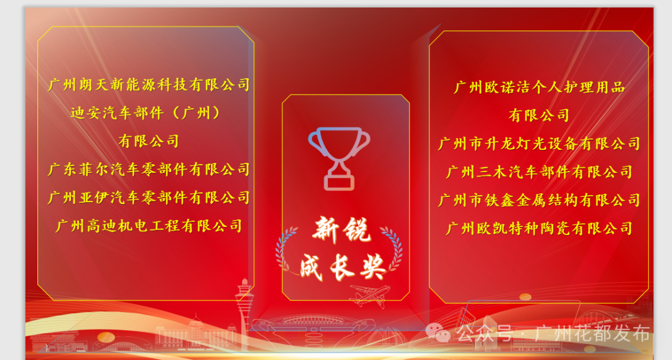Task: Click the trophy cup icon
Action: pos(339,157)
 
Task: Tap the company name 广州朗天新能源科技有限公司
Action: pos(149,85)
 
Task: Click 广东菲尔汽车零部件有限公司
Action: pos(149,169)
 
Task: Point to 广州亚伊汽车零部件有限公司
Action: pos(149,198)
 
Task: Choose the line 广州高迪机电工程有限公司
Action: pos(149,226)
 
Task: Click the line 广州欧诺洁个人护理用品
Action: pos(539,87)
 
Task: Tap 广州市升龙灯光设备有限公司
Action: pos(539,144)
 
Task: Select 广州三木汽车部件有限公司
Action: pos(539,172)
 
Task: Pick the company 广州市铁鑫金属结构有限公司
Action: pos(539,200)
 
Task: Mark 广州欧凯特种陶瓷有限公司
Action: pos(539,228)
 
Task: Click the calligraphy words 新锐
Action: pos(342,231)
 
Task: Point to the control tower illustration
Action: pos(244,305)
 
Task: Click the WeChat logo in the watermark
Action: pos(442,334)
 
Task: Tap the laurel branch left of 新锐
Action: pos(287,249)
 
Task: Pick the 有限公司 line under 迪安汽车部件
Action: pos(149,141)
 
